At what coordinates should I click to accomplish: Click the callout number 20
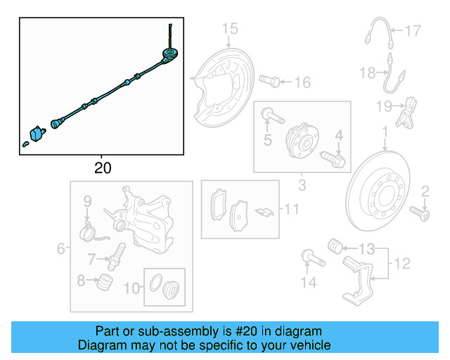click(102, 168)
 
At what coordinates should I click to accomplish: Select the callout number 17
click(412, 30)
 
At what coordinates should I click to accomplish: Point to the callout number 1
click(385, 131)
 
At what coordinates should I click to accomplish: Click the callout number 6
click(60, 248)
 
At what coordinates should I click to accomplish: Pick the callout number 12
click(401, 264)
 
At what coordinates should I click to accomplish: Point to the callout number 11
click(291, 209)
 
